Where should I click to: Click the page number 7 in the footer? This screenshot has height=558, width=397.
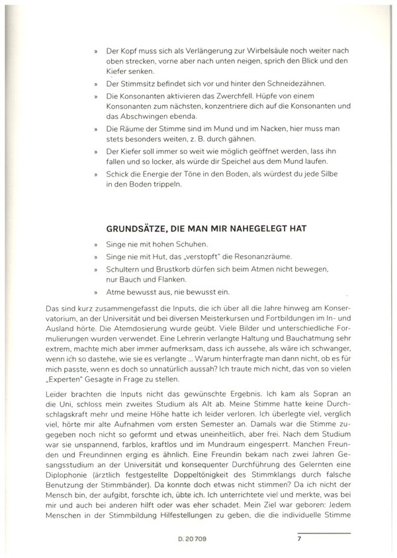click(x=300, y=539)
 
